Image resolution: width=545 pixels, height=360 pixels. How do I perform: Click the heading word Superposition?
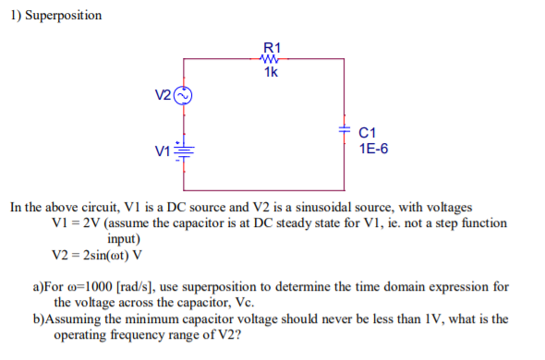coord(62,16)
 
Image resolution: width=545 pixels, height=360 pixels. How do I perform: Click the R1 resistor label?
coord(272,47)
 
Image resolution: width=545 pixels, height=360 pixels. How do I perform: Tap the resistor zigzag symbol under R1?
coord(272,60)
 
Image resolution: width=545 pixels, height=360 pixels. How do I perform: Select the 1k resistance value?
coord(272,73)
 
